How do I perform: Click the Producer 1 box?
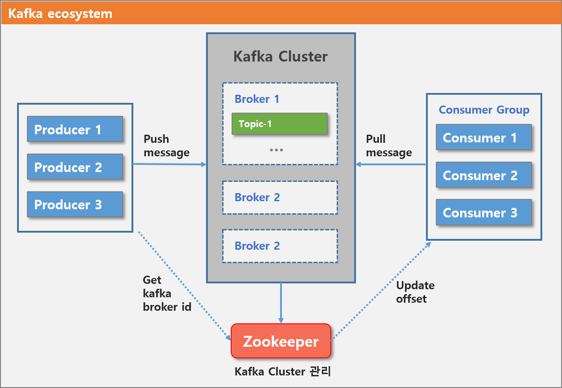point(75,129)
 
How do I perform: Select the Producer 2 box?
point(75,167)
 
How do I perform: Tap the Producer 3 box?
point(75,204)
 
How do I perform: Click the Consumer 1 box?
point(484,137)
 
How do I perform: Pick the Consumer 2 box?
point(484,175)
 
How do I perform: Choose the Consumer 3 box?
point(484,212)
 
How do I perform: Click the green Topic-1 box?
point(280,124)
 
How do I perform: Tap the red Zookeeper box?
point(281,341)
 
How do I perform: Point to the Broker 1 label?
point(257,99)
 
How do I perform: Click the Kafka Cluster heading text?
point(281,56)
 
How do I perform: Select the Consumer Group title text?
point(484,110)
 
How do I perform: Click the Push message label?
point(167,146)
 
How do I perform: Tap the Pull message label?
point(389,146)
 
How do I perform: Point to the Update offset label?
point(415,292)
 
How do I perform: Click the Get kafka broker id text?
point(167,293)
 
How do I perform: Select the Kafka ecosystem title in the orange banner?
point(60,13)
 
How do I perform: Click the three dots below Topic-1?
point(276,150)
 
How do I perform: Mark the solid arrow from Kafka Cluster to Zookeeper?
point(281,303)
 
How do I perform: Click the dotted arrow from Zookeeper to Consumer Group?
point(382,291)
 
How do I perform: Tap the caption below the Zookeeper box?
point(283,371)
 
